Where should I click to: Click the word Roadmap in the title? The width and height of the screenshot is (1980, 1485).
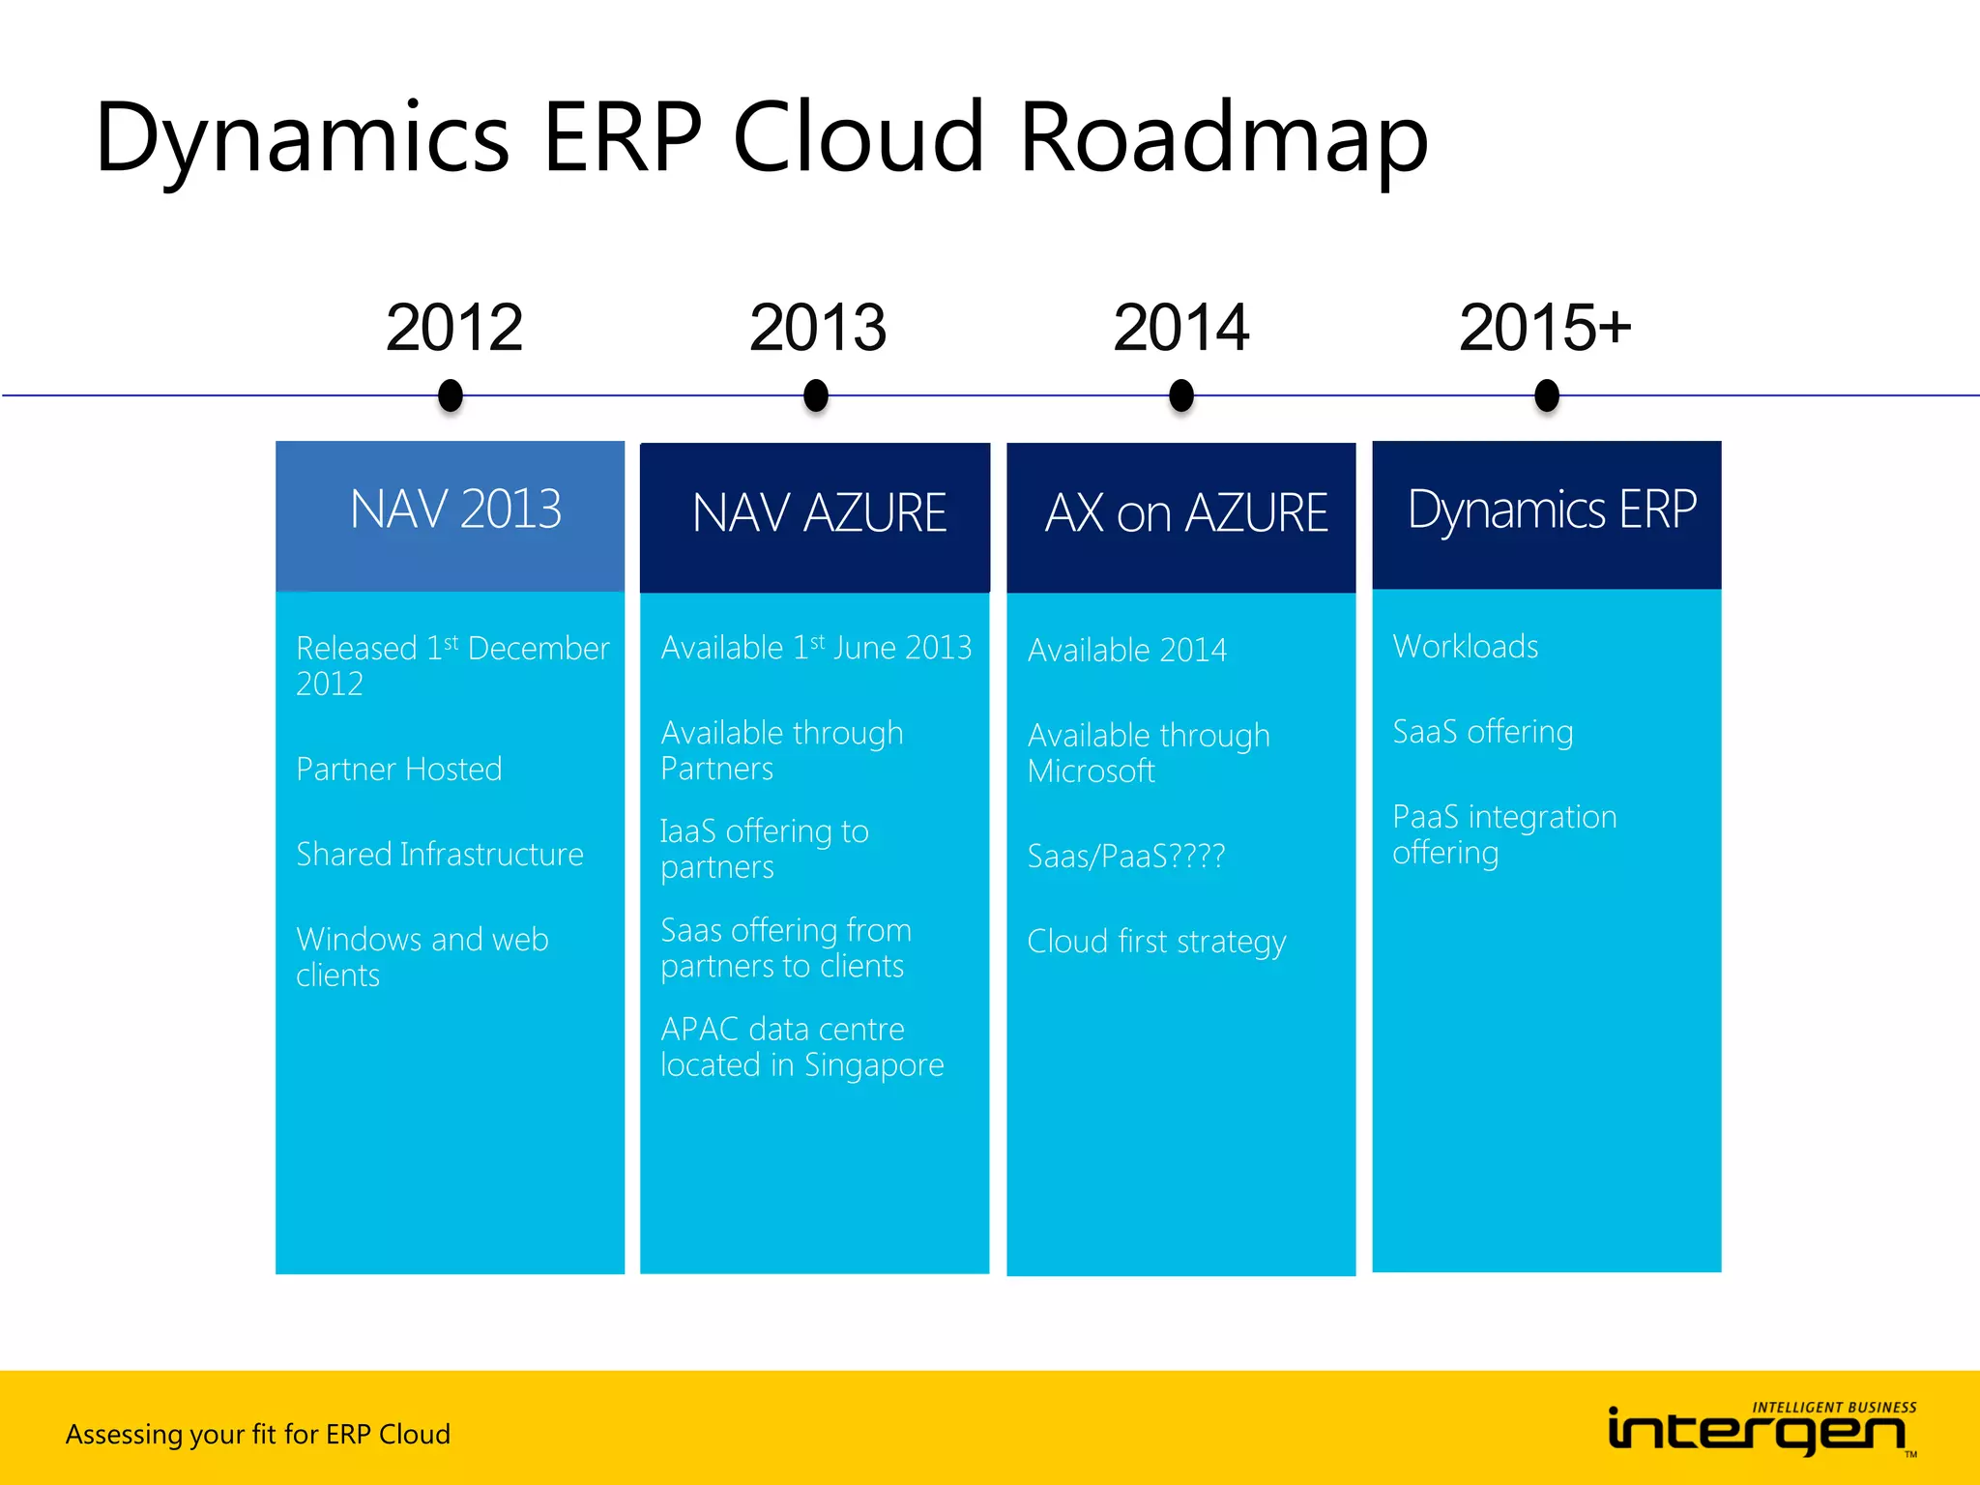pyautogui.click(x=1222, y=137)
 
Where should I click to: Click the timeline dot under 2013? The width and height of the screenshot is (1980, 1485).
pyautogui.click(x=816, y=395)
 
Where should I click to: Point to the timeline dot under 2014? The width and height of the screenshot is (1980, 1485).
pyautogui.click(x=1180, y=395)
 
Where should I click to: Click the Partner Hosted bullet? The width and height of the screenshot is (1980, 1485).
pyautogui.click(x=398, y=770)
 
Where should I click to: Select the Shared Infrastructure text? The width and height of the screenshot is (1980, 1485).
pyautogui.click(x=439, y=855)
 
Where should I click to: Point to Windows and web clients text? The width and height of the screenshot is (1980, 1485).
pyautogui.click(x=422, y=956)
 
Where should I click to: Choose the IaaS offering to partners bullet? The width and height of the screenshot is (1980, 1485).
pyautogui.click(x=764, y=849)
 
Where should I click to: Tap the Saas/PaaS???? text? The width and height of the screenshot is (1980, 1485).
pyautogui.click(x=1125, y=857)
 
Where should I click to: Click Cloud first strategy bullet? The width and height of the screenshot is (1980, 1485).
pyautogui.click(x=1155, y=942)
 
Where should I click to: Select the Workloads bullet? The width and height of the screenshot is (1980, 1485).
pyautogui.click(x=1465, y=647)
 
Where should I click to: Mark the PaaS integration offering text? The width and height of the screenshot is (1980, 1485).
pyautogui.click(x=1503, y=834)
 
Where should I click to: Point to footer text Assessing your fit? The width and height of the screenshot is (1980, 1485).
pyautogui.click(x=257, y=1434)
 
